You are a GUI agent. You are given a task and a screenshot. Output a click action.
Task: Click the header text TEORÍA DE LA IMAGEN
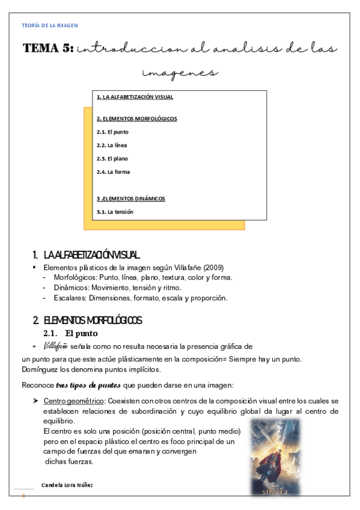49,25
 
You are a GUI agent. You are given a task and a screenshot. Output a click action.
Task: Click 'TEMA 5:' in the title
47,49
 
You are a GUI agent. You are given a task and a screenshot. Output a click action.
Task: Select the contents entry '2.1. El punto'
112,132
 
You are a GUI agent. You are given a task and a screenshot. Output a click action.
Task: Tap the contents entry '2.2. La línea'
111,145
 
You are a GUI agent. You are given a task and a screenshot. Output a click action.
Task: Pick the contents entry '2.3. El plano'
112,159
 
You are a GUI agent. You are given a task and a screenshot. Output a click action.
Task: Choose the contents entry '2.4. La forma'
112,172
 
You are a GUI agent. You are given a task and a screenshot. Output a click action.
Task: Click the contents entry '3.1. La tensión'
115,212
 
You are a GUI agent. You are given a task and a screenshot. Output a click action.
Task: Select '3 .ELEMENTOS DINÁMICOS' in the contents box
130,198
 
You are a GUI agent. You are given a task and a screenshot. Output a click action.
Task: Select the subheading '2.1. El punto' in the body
70,334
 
